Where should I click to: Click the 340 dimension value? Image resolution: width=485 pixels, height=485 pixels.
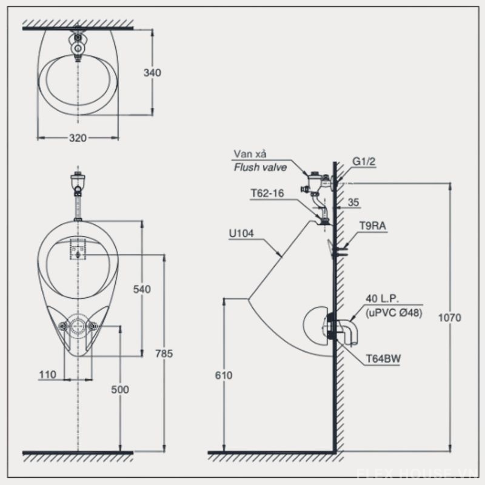point(152,73)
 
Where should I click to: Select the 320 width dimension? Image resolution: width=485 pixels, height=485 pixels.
point(77,138)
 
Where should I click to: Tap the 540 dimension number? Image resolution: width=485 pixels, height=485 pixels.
point(141,289)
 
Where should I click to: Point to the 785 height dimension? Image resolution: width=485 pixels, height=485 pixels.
point(164,354)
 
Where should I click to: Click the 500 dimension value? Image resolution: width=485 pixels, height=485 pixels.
point(120,390)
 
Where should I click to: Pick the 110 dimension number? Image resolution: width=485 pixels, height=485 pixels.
point(47,375)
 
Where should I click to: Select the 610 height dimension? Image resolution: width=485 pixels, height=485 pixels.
point(224,376)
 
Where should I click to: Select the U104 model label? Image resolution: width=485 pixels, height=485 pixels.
point(242,231)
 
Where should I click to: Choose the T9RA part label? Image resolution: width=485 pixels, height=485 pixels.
point(372,227)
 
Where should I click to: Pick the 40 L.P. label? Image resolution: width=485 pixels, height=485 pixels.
point(381,299)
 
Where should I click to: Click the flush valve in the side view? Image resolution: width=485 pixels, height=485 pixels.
point(315,179)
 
